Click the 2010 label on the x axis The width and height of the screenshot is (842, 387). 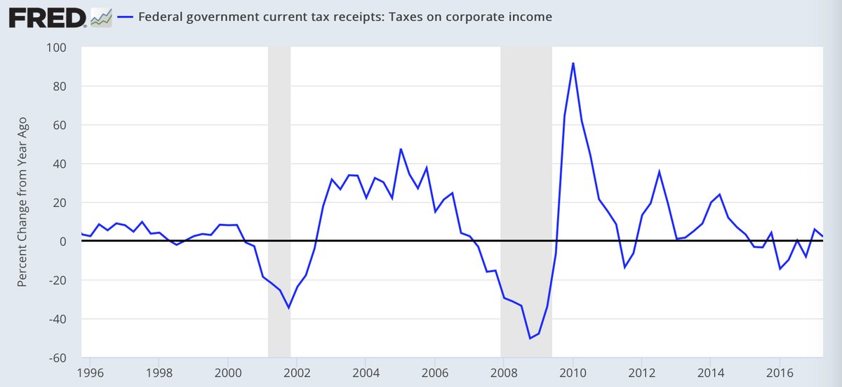[573, 371]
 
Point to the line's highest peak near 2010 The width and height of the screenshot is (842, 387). [573, 63]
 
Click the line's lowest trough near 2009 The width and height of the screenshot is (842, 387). [530, 339]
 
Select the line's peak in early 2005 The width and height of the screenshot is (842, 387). [401, 149]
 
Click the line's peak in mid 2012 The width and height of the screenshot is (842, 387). [660, 171]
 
